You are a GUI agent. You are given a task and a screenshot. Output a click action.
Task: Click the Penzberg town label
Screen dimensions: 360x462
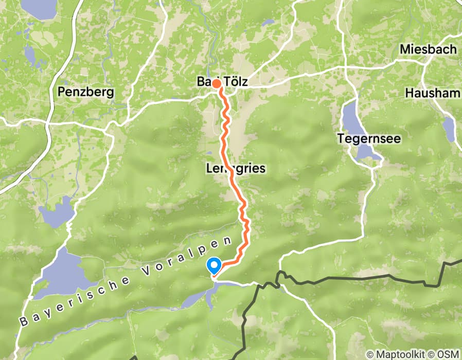click(86, 92)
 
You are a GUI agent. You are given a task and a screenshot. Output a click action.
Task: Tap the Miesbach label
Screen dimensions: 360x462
click(428, 49)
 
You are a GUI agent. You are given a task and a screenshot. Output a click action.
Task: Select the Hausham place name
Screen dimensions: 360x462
click(432, 93)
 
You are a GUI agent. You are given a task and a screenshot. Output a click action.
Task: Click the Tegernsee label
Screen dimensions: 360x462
click(362, 138)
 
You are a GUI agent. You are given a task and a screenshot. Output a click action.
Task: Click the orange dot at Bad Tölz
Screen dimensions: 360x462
click(217, 84)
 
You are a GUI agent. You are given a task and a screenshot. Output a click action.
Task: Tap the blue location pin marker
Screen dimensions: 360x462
click(214, 265)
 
